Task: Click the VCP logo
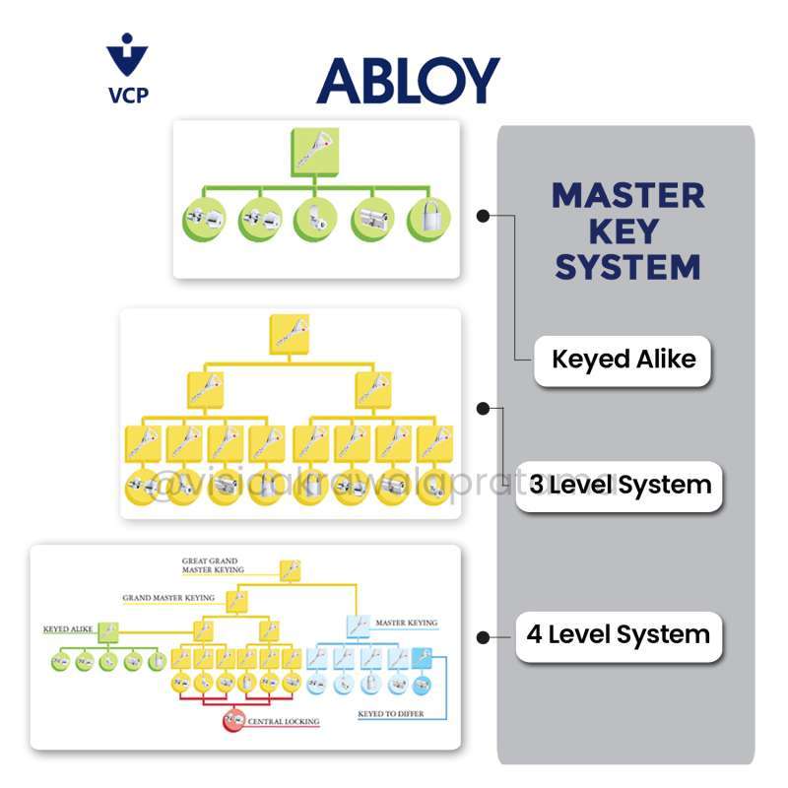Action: click(x=127, y=69)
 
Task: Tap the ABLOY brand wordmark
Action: click(x=408, y=81)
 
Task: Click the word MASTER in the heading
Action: click(x=627, y=195)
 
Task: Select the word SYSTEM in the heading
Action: click(x=627, y=266)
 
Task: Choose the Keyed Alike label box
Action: click(x=623, y=360)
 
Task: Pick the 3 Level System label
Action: click(x=620, y=485)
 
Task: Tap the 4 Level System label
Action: click(x=618, y=634)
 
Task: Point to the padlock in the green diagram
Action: click(x=429, y=220)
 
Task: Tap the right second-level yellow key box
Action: click(x=372, y=390)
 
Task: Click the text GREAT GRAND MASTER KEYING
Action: click(x=209, y=565)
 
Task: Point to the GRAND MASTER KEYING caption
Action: click(x=168, y=598)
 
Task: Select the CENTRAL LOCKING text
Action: click(x=284, y=722)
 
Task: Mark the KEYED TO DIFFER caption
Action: click(x=390, y=713)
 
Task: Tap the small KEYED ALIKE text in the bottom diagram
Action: click(x=67, y=627)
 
